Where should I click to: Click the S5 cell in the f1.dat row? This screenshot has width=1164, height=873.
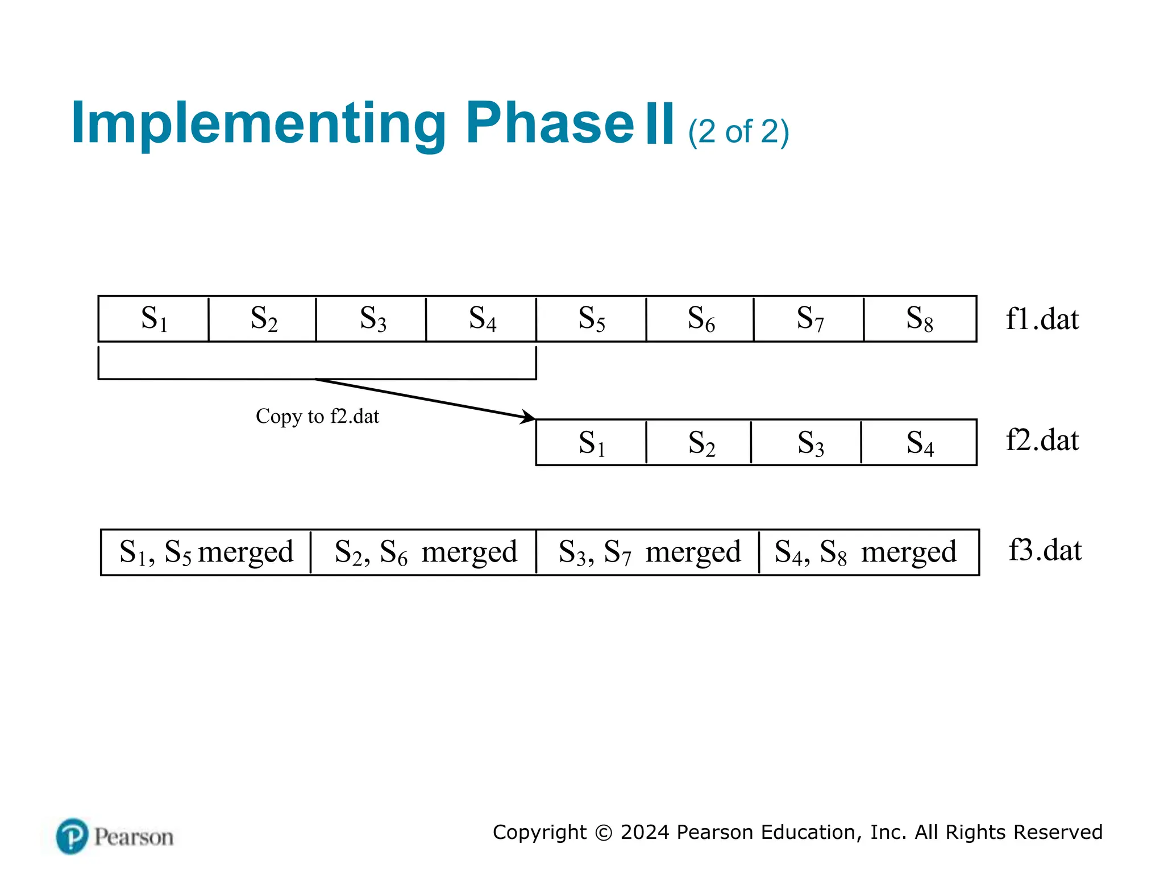pyautogui.click(x=591, y=319)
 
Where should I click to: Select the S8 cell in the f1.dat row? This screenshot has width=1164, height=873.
pyautogui.click(x=920, y=319)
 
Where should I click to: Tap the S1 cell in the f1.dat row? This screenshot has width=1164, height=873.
pyautogui.click(x=153, y=319)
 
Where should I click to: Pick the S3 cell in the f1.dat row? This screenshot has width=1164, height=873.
pyautogui.click(x=372, y=319)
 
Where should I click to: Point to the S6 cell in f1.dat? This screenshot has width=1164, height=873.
pyautogui.click(x=700, y=319)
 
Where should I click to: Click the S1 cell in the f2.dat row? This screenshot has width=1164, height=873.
pyautogui.click(x=591, y=443)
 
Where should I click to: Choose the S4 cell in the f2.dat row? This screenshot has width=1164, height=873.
pyautogui.click(x=919, y=443)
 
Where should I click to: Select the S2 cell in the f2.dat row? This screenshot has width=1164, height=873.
pyautogui.click(x=700, y=443)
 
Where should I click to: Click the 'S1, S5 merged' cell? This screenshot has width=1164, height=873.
pyautogui.click(x=206, y=552)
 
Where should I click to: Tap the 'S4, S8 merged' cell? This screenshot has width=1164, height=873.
pyautogui.click(x=867, y=552)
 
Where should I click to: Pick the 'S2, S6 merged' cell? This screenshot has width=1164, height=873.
pyautogui.click(x=425, y=552)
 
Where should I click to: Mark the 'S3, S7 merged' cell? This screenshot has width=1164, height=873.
pyautogui.click(x=648, y=552)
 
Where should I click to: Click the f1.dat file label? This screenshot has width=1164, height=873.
pyautogui.click(x=1042, y=319)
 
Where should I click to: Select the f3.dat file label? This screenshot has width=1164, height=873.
pyautogui.click(x=1045, y=550)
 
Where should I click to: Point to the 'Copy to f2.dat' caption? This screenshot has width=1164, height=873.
pyautogui.click(x=317, y=417)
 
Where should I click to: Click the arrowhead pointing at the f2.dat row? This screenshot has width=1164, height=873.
pyautogui.click(x=529, y=417)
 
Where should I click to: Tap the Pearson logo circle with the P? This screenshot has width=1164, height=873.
pyautogui.click(x=72, y=836)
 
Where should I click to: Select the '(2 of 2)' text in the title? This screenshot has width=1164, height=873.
pyautogui.click(x=738, y=132)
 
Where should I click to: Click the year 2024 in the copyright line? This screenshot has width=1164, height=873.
pyautogui.click(x=645, y=832)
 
